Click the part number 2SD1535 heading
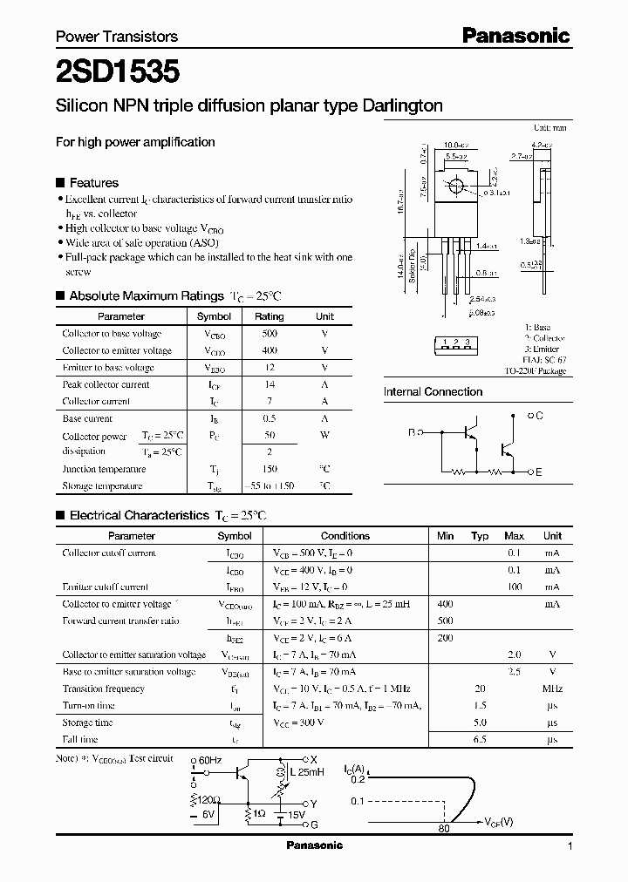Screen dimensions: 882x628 click(118, 71)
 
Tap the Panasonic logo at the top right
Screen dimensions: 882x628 click(515, 36)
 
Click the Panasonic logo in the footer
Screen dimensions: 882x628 click(315, 845)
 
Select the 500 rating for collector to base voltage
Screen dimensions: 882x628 click(269, 334)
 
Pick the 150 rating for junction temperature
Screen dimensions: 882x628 click(269, 468)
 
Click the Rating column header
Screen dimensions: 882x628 click(269, 317)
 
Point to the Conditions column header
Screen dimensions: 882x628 click(345, 536)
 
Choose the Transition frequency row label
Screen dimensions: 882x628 click(103, 689)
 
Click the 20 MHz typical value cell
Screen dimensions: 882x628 click(479, 689)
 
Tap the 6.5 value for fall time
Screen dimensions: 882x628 click(479, 739)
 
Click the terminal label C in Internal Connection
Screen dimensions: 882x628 click(539, 417)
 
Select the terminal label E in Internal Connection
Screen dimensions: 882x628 click(538, 472)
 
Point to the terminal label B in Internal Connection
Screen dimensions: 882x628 click(411, 431)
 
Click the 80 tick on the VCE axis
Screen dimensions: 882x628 click(444, 828)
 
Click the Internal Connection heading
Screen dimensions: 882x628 click(433, 392)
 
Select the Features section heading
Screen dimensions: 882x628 click(93, 183)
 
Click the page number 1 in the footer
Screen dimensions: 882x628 click(570, 846)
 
